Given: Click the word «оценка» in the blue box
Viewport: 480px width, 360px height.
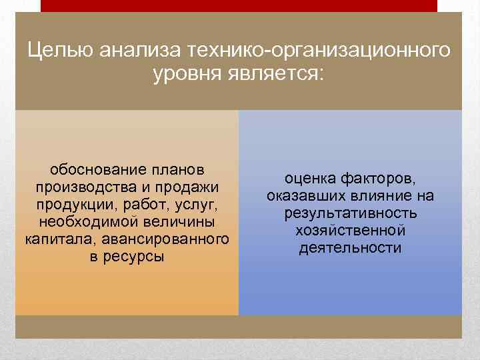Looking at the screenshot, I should [x=311, y=179].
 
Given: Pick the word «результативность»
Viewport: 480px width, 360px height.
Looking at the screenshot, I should [x=351, y=213].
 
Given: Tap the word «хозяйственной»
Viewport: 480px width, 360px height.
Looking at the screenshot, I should [x=351, y=231].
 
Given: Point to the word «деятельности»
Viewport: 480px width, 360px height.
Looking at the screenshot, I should [x=351, y=248].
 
